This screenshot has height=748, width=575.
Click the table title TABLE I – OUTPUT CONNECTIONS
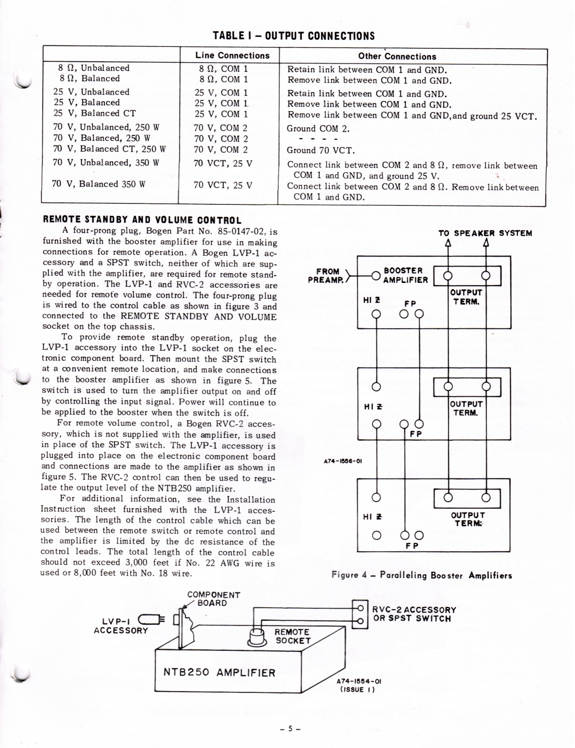(x=293, y=36)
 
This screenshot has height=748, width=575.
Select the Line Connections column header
(x=232, y=56)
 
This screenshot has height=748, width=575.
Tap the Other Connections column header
(x=397, y=56)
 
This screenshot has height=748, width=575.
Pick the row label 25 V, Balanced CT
(x=94, y=113)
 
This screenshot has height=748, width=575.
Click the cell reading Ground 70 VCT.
(x=321, y=150)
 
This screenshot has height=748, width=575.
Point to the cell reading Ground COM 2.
(x=318, y=128)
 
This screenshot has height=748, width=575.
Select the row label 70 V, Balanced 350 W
(x=99, y=184)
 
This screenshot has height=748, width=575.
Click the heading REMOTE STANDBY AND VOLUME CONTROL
(x=142, y=221)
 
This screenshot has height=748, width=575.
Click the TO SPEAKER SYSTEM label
(x=485, y=233)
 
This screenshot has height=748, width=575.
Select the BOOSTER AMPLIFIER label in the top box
(x=405, y=275)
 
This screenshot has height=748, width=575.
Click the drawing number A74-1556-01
(x=343, y=461)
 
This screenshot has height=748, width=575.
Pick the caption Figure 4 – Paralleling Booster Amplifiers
(x=422, y=575)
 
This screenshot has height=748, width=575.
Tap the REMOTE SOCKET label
(x=293, y=636)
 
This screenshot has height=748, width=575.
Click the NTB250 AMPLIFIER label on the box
(x=219, y=672)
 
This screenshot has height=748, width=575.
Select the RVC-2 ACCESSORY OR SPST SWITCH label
(x=414, y=614)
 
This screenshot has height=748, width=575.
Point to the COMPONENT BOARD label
(x=214, y=599)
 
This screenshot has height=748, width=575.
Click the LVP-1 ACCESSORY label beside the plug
(x=121, y=625)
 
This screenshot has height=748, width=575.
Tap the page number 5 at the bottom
(x=290, y=729)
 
